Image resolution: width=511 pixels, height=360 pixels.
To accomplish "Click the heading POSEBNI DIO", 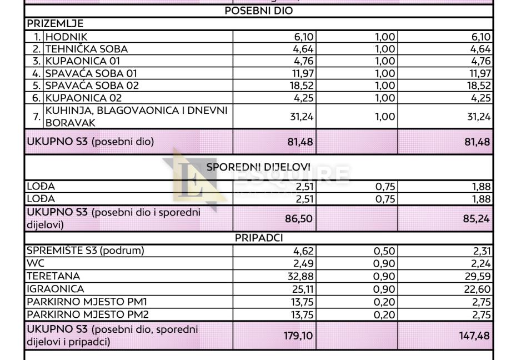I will (259, 11).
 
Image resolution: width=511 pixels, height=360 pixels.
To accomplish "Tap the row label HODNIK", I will (63, 37).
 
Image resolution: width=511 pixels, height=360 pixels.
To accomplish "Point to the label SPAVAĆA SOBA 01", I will (91, 73).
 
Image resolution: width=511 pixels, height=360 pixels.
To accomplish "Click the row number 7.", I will (35, 116).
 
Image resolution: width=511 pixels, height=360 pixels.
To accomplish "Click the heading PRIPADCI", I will (259, 238).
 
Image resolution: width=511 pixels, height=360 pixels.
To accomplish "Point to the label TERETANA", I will (53, 276).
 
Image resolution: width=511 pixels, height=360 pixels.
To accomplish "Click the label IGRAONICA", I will (56, 288).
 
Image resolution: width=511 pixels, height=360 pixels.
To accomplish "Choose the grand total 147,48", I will (478, 335).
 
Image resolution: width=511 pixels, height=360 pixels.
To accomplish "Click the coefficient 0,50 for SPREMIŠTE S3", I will (384, 251).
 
